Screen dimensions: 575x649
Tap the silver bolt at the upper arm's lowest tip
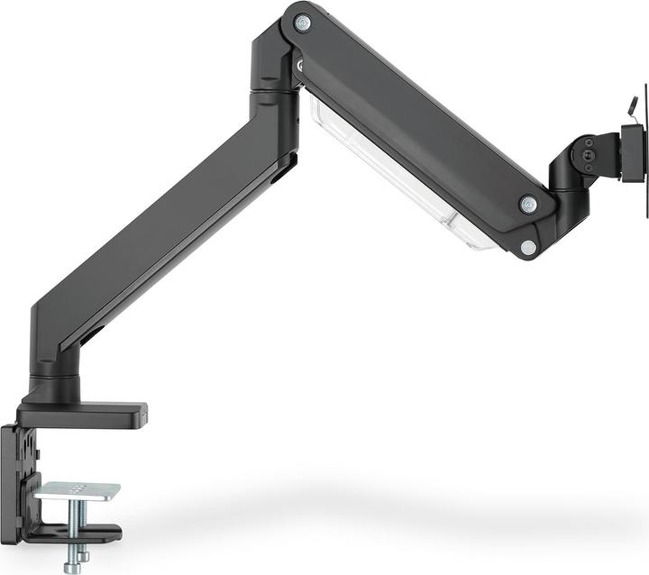[x=528, y=246]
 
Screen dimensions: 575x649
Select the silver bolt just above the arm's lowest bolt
[x=529, y=205]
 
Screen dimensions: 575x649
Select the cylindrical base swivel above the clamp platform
[x=56, y=383]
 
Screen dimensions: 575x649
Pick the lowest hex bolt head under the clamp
[x=72, y=566]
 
